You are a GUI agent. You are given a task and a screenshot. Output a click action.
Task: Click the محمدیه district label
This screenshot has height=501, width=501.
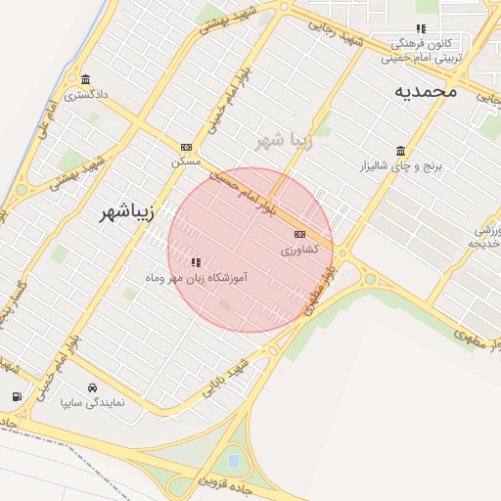pyautogui.click(x=427, y=91)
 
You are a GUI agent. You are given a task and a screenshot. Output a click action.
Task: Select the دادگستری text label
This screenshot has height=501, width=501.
pyautogui.click(x=84, y=96)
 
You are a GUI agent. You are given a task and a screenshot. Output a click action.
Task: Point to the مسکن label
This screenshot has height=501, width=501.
pyautogui.click(x=185, y=161)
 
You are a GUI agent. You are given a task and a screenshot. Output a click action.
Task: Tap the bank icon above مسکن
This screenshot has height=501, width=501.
pyautogui.click(x=186, y=148)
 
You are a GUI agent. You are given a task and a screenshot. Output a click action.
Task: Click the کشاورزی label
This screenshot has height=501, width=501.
pyautogui.click(x=299, y=250)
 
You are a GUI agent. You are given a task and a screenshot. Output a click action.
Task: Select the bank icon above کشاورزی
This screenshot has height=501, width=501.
pyautogui.click(x=299, y=235)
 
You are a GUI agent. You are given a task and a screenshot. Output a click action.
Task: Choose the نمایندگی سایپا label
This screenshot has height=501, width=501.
pyautogui.click(x=93, y=401)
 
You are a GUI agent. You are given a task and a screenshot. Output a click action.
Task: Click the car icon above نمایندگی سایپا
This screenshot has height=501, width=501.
pyautogui.click(x=93, y=387)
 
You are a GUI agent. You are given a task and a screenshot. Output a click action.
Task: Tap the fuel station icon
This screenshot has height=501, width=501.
pyautogui.click(x=17, y=396)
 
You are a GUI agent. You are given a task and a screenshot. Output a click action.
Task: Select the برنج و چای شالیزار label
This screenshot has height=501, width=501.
pyautogui.click(x=401, y=166)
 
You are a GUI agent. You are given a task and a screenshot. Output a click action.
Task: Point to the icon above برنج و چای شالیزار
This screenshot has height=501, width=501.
pyautogui.click(x=401, y=151)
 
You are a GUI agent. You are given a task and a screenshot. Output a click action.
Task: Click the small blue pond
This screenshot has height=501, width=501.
pyautogui.click(x=233, y=457)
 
